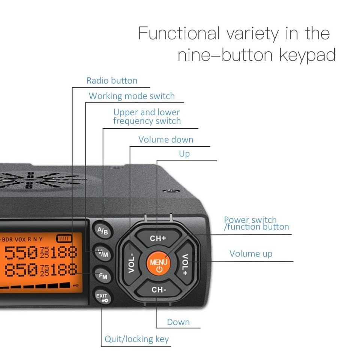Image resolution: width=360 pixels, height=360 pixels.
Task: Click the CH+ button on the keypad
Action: [x=158, y=238]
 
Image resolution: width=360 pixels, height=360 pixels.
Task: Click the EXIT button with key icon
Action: [x=102, y=298]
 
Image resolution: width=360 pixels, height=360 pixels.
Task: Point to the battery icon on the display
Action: [x=63, y=238]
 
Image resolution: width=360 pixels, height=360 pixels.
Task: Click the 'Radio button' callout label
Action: [x=112, y=81]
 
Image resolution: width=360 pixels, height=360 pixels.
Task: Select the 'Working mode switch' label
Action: [x=132, y=96]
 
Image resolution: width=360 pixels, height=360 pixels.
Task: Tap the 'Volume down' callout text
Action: [x=166, y=139]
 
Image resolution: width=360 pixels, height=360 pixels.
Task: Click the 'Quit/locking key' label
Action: [x=136, y=339]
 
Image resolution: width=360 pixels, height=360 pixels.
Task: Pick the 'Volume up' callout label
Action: [x=251, y=254]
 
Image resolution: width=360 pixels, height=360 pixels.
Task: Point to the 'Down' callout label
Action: [x=178, y=322]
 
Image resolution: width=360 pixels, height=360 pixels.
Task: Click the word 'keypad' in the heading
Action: [x=307, y=55]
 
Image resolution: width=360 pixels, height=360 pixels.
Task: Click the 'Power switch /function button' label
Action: [x=256, y=223]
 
